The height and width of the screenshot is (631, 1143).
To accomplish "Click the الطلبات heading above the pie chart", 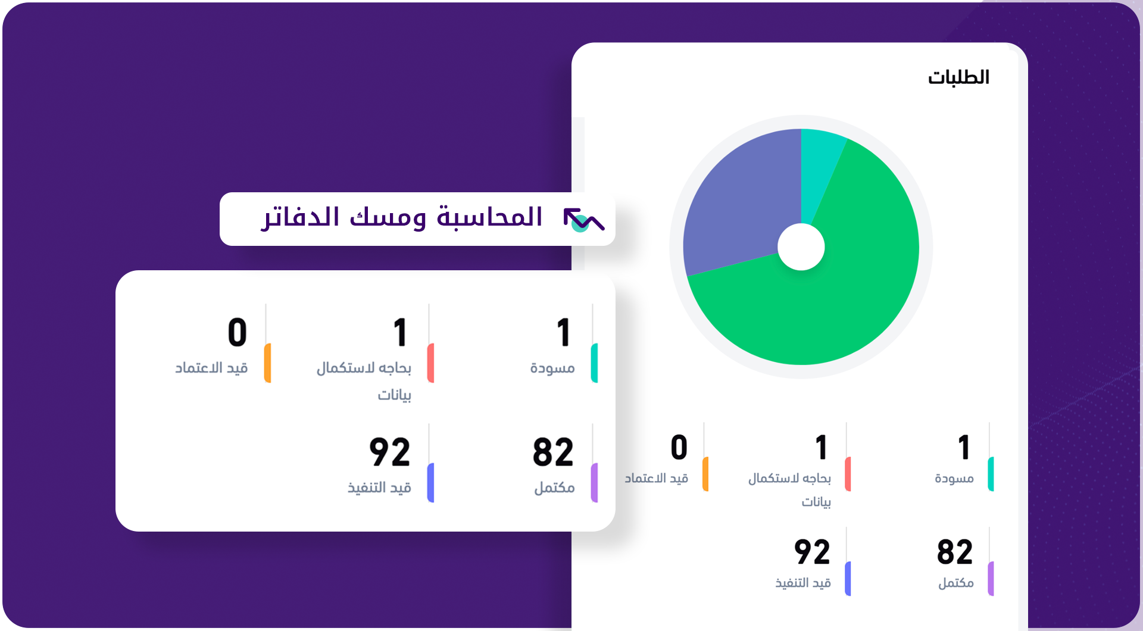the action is tap(958, 77).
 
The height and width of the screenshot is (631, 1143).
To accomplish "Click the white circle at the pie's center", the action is tap(801, 247).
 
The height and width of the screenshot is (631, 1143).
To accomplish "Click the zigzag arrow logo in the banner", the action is tap(584, 220).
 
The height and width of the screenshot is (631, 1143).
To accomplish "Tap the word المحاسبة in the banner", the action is tap(490, 217).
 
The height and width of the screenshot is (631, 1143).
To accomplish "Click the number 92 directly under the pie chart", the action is tap(812, 552).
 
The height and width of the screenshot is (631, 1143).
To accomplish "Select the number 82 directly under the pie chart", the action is tap(955, 552).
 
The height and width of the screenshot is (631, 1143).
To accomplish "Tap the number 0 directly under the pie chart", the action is tap(679, 448).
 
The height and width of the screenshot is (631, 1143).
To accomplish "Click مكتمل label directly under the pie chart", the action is tap(956, 583).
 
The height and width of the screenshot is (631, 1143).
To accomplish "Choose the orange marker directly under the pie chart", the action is tap(705, 474).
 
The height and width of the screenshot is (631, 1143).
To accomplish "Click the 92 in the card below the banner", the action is tap(390, 452).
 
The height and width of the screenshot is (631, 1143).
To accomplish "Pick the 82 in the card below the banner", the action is tap(553, 452).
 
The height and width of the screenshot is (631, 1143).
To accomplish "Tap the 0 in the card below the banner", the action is tap(238, 332).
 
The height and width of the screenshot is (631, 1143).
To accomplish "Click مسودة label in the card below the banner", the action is tap(552, 368).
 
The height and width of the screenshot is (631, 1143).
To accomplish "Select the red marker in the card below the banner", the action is tap(431, 363).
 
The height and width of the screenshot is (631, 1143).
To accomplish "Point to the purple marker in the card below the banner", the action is tap(594, 483).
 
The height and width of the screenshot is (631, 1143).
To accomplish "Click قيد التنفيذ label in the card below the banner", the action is tap(380, 488).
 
